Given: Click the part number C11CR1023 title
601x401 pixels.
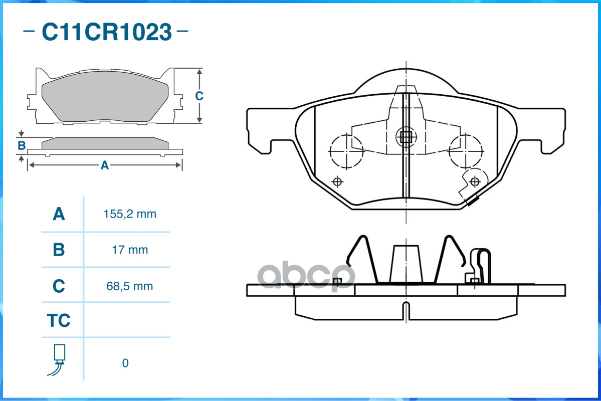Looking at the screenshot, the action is tap(107, 32).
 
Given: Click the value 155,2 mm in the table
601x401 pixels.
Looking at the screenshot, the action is tap(130, 214).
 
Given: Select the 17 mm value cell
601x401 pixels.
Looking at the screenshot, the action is tap(130, 250).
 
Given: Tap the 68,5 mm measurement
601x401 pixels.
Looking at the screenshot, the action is tap(130, 286).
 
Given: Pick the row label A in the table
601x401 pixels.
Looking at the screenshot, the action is tap(59, 214).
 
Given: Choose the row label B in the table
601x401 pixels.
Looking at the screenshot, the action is tap(59, 250).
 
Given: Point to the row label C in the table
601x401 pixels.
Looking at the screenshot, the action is tap(59, 286).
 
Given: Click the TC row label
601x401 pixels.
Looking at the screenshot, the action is tap(59, 320).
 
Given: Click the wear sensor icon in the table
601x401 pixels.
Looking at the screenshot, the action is tap(58, 359).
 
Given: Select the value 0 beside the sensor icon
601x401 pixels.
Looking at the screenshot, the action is tap(125, 363).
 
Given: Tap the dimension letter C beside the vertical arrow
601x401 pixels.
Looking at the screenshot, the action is tap(199, 96).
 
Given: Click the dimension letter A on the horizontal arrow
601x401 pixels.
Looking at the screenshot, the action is tap(105, 165).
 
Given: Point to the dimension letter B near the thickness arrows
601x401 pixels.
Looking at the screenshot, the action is tap(22, 146).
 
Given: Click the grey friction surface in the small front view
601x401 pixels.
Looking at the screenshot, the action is tap(105, 96).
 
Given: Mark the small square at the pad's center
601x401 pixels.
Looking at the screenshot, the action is tap(406, 137).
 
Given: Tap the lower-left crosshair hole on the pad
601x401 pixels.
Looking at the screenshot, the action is tap(337, 181).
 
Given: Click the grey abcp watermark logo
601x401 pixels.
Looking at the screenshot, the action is tap(306, 275).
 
